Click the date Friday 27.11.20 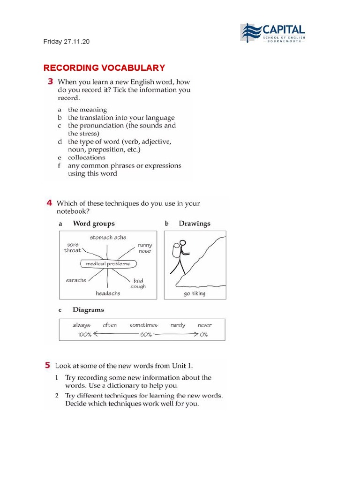(x=66, y=42)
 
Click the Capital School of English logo (x=273, y=33)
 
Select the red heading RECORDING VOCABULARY (x=104, y=68)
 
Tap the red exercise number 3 (x=50, y=82)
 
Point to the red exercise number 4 (x=49, y=203)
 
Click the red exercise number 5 (x=47, y=365)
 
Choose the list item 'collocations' (x=86, y=157)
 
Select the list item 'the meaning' (x=87, y=110)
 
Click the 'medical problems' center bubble (x=108, y=264)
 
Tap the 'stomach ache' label (x=108, y=238)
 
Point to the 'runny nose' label (x=145, y=248)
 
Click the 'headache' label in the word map (x=108, y=293)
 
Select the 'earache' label (x=76, y=280)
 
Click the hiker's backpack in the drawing (x=176, y=251)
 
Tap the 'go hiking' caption (x=195, y=294)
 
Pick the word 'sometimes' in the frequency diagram (x=143, y=325)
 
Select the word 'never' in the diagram (x=204, y=325)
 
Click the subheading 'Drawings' (x=195, y=224)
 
